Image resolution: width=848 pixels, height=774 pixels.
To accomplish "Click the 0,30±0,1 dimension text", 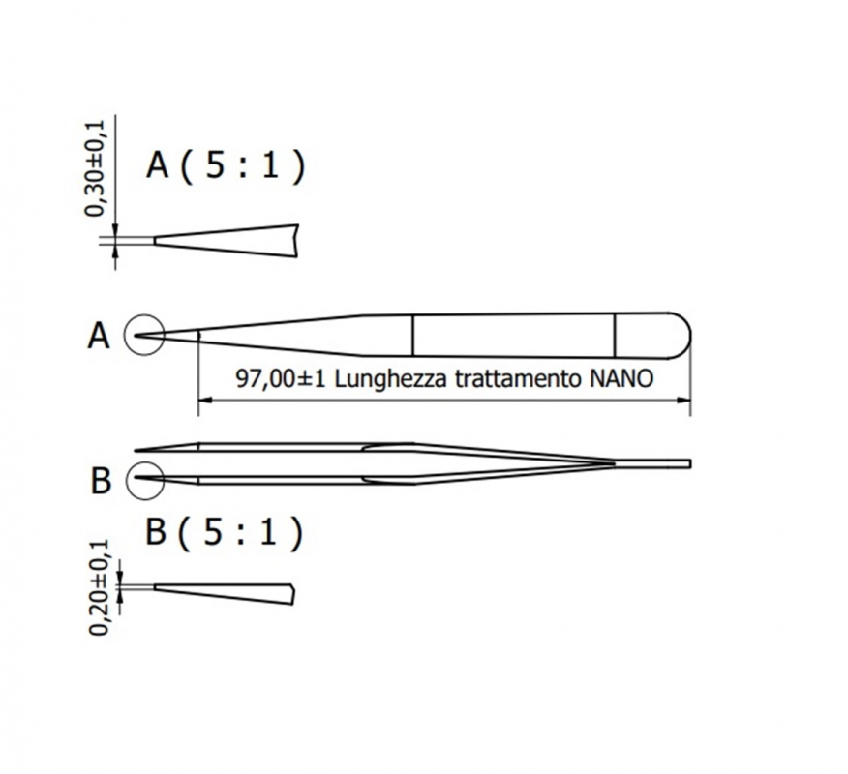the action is [x=96, y=168].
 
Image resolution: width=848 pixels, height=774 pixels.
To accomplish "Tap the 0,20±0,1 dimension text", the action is [x=99, y=587].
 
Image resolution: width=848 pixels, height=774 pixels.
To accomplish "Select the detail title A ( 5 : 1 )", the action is [x=226, y=164].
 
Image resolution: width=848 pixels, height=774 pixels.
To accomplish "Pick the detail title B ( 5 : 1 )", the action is [x=224, y=532].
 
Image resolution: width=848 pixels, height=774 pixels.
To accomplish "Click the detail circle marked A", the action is [x=124, y=335].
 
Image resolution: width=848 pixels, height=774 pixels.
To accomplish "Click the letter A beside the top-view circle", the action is [x=99, y=336].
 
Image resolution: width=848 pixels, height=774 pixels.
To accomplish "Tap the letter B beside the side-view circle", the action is [x=101, y=481].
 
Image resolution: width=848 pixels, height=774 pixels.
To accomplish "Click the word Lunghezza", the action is [x=391, y=379].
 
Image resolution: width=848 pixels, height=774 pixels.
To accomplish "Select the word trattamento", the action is [x=518, y=379].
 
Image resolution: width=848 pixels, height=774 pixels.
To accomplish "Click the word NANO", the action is [x=621, y=379].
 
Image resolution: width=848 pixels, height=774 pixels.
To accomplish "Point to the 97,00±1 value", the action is [x=281, y=379].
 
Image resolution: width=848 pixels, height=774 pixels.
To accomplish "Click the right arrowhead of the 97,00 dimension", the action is [x=684, y=401].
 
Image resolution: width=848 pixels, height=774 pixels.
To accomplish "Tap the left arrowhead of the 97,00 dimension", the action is [x=204, y=401].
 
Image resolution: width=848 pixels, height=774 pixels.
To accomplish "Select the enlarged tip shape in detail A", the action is [x=227, y=241].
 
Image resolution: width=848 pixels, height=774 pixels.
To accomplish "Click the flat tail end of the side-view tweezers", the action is [x=690, y=463].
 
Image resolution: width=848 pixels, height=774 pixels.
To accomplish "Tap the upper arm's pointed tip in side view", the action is [x=136, y=450].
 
